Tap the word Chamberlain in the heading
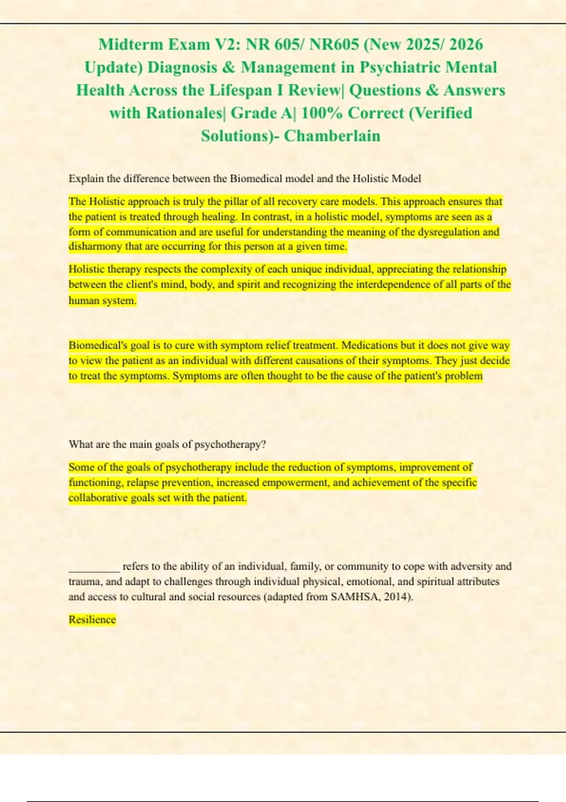(332, 136)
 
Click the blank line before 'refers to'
(94, 567)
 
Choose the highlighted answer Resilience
(92, 619)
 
